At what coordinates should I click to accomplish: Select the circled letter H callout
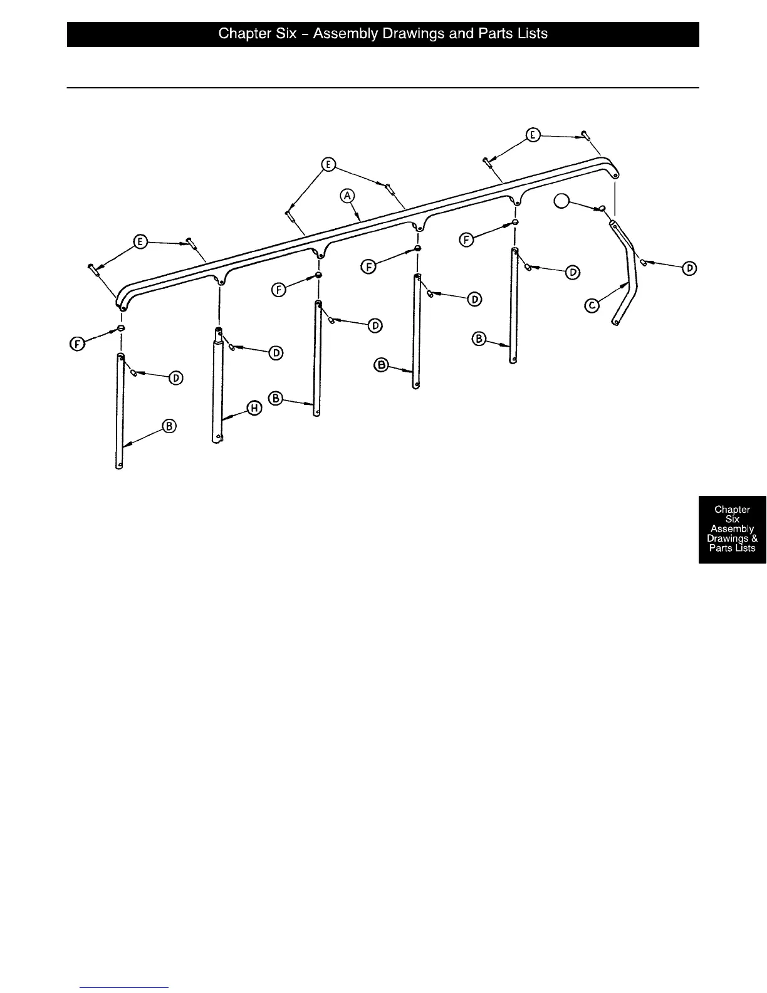pyautogui.click(x=254, y=408)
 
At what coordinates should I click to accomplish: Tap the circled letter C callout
pyautogui.click(x=592, y=306)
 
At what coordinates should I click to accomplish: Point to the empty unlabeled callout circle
pyautogui.click(x=562, y=201)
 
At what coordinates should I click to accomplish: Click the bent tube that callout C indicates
pyautogui.click(x=629, y=276)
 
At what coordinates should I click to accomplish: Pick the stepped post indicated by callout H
pyautogui.click(x=217, y=389)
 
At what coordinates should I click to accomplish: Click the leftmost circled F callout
pyautogui.click(x=78, y=344)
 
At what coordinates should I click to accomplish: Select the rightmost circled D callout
pyautogui.click(x=689, y=268)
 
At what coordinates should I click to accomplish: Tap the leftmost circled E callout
pyautogui.click(x=141, y=242)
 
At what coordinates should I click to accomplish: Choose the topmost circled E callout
pyautogui.click(x=533, y=135)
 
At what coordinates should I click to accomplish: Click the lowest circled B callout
pyautogui.click(x=169, y=427)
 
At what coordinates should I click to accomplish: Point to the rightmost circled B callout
pyautogui.click(x=479, y=339)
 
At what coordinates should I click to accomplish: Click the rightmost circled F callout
pyautogui.click(x=466, y=239)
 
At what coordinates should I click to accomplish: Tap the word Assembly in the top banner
pyautogui.click(x=345, y=34)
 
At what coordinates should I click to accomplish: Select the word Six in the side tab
pyautogui.click(x=732, y=519)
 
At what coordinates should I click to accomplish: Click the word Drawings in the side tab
pyautogui.click(x=727, y=539)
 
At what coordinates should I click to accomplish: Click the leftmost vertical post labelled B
pyautogui.click(x=120, y=411)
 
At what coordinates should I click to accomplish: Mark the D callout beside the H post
pyautogui.click(x=276, y=354)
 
